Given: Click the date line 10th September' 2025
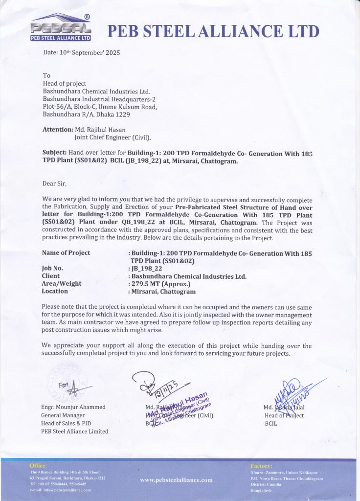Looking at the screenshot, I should tap(82, 52).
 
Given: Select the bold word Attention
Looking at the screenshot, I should tap(57, 130).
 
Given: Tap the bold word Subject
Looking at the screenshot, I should tap(55, 153).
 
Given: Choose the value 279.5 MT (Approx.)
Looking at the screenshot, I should tap(161, 284).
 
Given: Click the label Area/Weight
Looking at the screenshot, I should tap(62, 284).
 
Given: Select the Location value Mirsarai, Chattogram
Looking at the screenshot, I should tap(163, 292).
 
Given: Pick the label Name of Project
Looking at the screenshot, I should tap(66, 253).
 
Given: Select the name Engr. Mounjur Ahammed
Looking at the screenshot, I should tap(73, 407).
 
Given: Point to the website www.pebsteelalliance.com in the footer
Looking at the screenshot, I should tap(177, 480).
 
